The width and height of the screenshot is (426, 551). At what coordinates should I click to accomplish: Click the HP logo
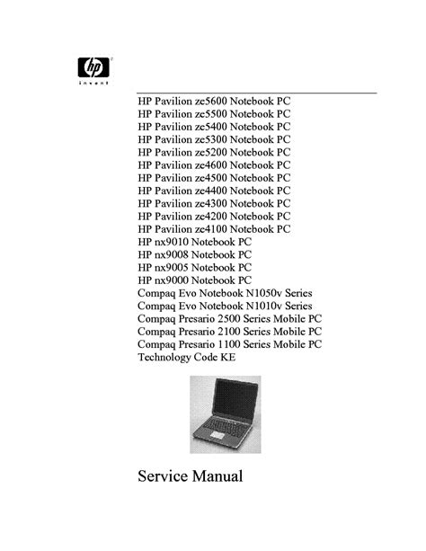(x=93, y=67)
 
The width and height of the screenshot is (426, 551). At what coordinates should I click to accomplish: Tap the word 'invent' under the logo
(x=93, y=84)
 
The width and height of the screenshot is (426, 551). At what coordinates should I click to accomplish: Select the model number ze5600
(x=211, y=102)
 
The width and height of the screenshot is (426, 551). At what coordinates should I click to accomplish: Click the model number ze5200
(x=211, y=153)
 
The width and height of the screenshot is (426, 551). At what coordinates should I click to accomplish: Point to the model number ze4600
(x=211, y=165)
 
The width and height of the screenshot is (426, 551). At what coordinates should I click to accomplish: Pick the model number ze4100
(x=211, y=229)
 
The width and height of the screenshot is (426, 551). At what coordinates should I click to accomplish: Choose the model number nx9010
(x=172, y=242)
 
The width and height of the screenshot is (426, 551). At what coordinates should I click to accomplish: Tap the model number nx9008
(x=172, y=254)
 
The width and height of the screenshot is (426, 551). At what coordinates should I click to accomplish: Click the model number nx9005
(x=172, y=268)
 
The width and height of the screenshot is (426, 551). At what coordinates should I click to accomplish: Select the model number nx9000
(x=172, y=280)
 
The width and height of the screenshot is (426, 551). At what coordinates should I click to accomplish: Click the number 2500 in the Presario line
(x=229, y=319)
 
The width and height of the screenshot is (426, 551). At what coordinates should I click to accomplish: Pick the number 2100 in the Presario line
(x=229, y=332)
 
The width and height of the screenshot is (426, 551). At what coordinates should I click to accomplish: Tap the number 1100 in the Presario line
(x=229, y=344)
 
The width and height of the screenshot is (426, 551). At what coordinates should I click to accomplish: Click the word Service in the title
(x=163, y=476)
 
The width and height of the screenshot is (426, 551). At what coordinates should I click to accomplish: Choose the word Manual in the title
(x=217, y=476)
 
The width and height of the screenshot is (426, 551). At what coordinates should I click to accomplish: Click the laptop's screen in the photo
(x=235, y=400)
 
